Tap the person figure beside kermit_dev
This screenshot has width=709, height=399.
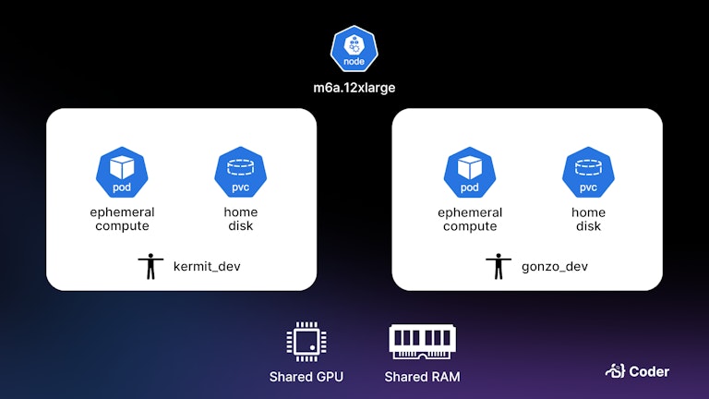click(x=151, y=266)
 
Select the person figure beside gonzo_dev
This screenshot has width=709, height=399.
click(x=499, y=266)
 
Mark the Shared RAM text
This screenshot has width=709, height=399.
click(x=423, y=377)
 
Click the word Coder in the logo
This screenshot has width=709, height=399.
click(x=649, y=371)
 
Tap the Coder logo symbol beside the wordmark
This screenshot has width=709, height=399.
click(x=615, y=371)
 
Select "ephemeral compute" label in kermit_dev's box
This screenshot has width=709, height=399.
click(x=122, y=219)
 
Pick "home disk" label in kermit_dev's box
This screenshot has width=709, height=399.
click(x=240, y=219)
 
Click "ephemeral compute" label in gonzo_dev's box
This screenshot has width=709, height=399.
click(x=470, y=219)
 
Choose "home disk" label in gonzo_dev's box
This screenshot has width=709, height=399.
click(x=588, y=219)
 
